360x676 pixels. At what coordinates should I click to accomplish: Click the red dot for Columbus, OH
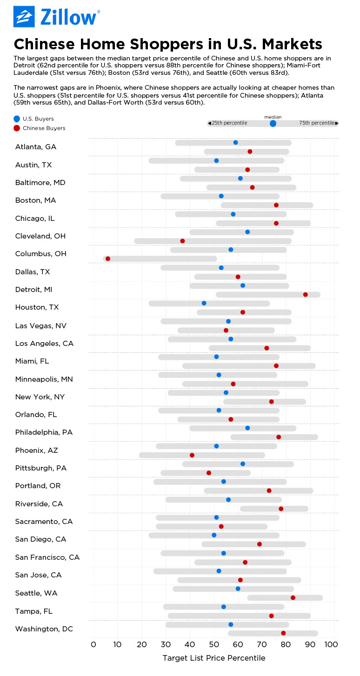(x=108, y=258)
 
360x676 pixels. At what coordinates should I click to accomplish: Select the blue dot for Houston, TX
(x=204, y=303)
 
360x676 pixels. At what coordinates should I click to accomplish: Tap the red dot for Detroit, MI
(x=305, y=294)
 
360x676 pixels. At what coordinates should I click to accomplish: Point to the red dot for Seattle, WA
(x=293, y=597)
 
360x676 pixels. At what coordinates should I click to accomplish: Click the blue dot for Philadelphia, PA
(x=247, y=428)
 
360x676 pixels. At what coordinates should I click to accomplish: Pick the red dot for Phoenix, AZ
(x=192, y=455)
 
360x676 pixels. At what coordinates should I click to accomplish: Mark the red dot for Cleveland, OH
(x=182, y=241)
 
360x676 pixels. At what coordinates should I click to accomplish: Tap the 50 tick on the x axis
(x=213, y=644)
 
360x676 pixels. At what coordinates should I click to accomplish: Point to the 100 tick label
(x=331, y=644)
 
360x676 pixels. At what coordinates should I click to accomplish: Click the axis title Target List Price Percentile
(x=213, y=658)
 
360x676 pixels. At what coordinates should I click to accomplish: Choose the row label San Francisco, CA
(x=47, y=557)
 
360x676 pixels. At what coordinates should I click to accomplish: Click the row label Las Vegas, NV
(x=40, y=325)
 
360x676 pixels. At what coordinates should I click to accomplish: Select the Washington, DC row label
(x=44, y=629)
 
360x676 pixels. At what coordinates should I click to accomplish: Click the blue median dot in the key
(x=273, y=123)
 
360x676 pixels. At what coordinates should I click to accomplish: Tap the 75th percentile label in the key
(x=317, y=123)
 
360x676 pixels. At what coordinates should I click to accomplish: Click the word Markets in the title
(x=286, y=44)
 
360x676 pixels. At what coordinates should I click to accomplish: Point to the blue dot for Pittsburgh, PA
(x=243, y=464)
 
